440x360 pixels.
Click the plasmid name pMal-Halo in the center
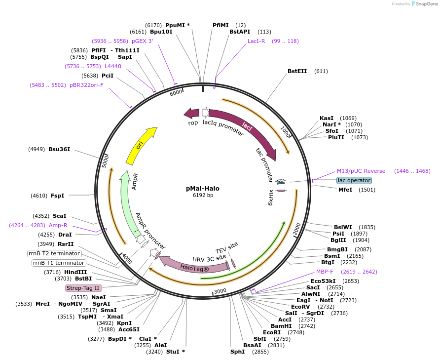click(203, 188)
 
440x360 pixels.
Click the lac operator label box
click(354, 180)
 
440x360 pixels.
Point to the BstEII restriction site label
click(300, 71)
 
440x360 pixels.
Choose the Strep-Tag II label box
click(83, 288)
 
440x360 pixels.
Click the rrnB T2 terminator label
click(54, 253)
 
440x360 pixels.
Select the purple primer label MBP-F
click(325, 272)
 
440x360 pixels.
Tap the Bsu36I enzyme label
click(59, 149)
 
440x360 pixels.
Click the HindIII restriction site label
click(75, 272)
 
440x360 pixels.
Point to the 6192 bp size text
click(203, 196)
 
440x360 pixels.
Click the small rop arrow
click(191, 114)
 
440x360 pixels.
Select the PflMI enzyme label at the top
click(220, 25)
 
